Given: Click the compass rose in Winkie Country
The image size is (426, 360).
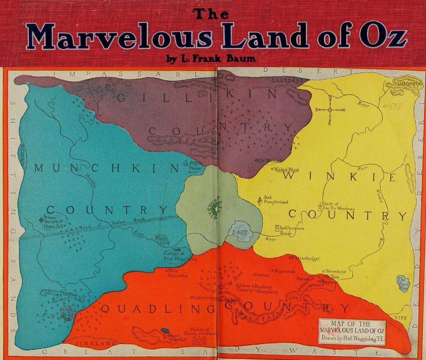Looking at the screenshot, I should coord(329,110).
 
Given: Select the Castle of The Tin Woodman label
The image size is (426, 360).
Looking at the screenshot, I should coord(338,206).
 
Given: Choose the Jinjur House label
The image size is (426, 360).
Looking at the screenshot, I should coord(195,166).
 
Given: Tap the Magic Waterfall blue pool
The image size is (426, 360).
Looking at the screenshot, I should coord(166,331).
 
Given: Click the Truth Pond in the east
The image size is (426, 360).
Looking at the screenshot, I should coord(402,283).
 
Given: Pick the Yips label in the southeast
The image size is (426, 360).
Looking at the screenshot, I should coord(400,318).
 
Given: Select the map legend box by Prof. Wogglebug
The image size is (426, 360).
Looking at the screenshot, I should coord(352,331).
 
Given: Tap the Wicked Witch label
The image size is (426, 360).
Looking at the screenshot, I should coord(287,169).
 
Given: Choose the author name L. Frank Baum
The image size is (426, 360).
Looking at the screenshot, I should coord(211,59).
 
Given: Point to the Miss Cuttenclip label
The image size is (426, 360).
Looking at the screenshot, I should coord(178,273).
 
